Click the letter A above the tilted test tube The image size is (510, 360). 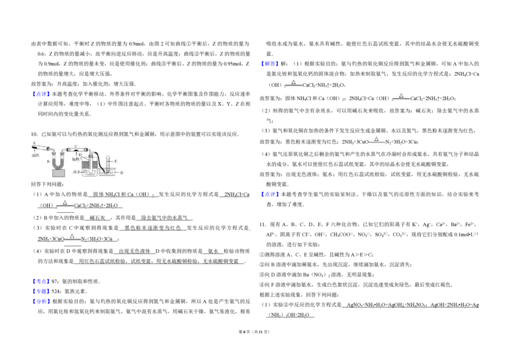33,143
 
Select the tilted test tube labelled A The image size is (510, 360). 41,148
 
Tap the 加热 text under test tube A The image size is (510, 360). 36,155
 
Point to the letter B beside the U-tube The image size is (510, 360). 48,162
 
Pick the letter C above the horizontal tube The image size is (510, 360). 75,146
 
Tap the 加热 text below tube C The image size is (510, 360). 76,159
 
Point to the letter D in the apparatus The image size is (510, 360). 80,155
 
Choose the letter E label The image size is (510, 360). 115,161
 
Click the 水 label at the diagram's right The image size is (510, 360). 122,172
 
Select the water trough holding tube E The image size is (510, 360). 107,172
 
